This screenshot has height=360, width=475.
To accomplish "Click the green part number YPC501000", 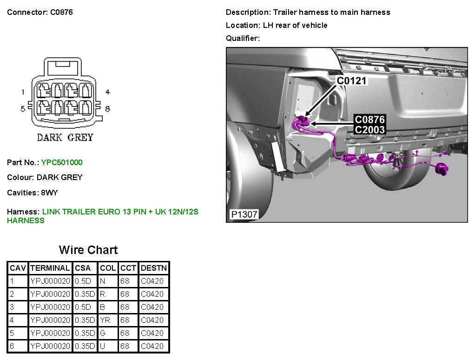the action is click(62, 162).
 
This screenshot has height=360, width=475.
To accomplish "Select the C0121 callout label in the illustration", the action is click(351, 81).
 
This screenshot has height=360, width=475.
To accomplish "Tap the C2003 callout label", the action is click(369, 130).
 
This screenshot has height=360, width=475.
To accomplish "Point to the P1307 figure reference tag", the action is click(244, 214).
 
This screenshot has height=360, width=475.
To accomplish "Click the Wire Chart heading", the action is click(88, 250).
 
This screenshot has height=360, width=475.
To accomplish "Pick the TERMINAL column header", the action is click(50, 268).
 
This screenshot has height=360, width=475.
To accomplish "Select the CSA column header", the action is click(83, 268).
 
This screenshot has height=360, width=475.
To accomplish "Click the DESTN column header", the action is click(154, 268).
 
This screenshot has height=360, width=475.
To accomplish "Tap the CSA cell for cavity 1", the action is click(83, 281).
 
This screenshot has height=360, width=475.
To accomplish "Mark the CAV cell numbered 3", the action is click(12, 307).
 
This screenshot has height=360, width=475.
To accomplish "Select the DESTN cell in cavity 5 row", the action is click(152, 333).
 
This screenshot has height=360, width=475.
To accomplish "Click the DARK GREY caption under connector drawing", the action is click(65, 137).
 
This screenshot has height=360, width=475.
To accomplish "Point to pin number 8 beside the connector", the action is click(107, 109).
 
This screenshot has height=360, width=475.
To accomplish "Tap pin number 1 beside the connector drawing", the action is click(23, 92).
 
